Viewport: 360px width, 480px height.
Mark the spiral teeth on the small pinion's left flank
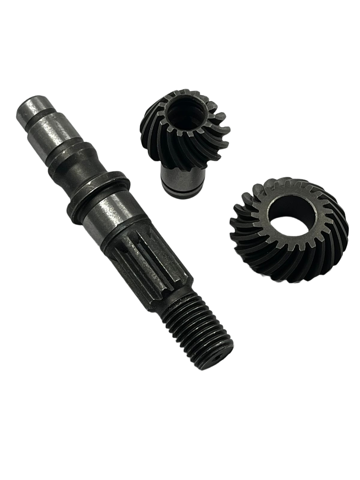[155, 136]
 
